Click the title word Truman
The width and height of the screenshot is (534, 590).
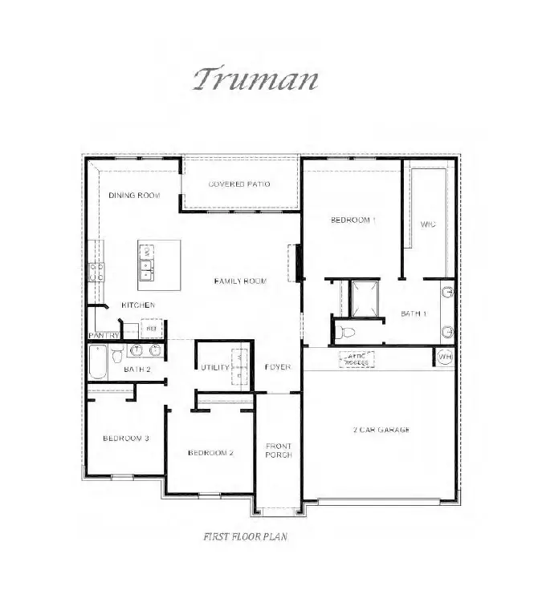click(x=256, y=79)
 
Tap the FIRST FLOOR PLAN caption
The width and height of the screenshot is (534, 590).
click(x=245, y=537)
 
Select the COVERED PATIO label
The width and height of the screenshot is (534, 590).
click(x=239, y=184)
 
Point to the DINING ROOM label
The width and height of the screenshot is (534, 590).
click(x=134, y=196)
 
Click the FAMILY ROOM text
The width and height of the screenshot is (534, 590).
click(x=240, y=281)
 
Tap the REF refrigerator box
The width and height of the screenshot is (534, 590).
click(x=150, y=328)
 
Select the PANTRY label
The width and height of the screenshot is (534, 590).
click(x=104, y=335)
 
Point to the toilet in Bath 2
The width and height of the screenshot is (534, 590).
click(x=117, y=352)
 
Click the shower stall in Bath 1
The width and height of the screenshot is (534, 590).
click(x=362, y=297)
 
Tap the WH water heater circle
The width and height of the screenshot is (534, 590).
click(x=445, y=357)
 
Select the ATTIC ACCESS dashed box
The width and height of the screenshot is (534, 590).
click(x=357, y=359)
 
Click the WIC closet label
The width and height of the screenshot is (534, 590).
click(x=427, y=224)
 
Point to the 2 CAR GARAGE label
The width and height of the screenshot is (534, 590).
click(x=381, y=430)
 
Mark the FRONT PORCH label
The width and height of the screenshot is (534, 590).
click(x=279, y=450)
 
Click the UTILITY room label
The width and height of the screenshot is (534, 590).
click(x=215, y=367)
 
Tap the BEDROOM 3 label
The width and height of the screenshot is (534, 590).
click(x=125, y=438)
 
